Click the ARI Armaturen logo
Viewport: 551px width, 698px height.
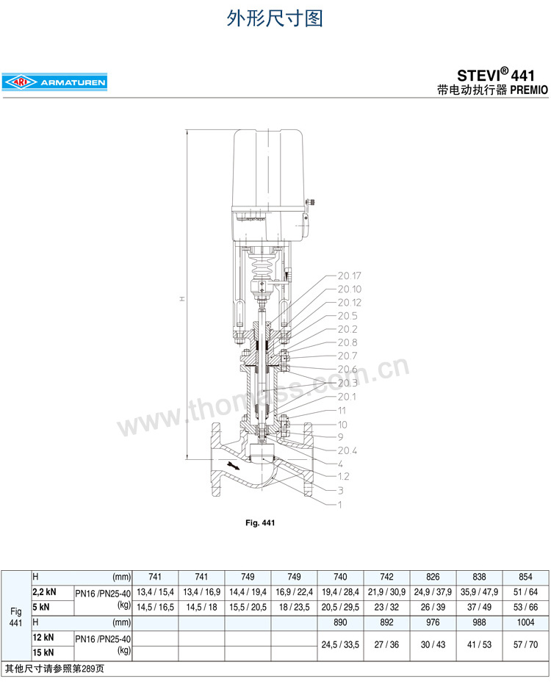tap(54, 83)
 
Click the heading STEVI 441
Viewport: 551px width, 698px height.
tap(497, 75)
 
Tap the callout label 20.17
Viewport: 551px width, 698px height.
tap(350, 276)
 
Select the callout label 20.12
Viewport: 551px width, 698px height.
tap(350, 302)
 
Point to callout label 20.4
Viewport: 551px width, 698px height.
tap(347, 450)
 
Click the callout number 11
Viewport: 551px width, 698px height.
tap(342, 410)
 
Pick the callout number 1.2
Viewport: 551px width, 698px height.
tap(343, 477)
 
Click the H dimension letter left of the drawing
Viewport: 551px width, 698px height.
tap(181, 299)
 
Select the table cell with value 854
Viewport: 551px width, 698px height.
tap(526, 578)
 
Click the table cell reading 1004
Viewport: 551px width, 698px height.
tap(526, 621)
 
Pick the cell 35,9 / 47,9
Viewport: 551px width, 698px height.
tap(479, 592)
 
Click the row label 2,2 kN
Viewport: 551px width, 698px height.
tap(45, 592)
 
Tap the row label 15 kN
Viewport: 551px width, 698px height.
tap(43, 652)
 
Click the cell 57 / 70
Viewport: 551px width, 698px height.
tap(526, 644)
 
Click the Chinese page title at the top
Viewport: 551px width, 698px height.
tap(274, 18)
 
